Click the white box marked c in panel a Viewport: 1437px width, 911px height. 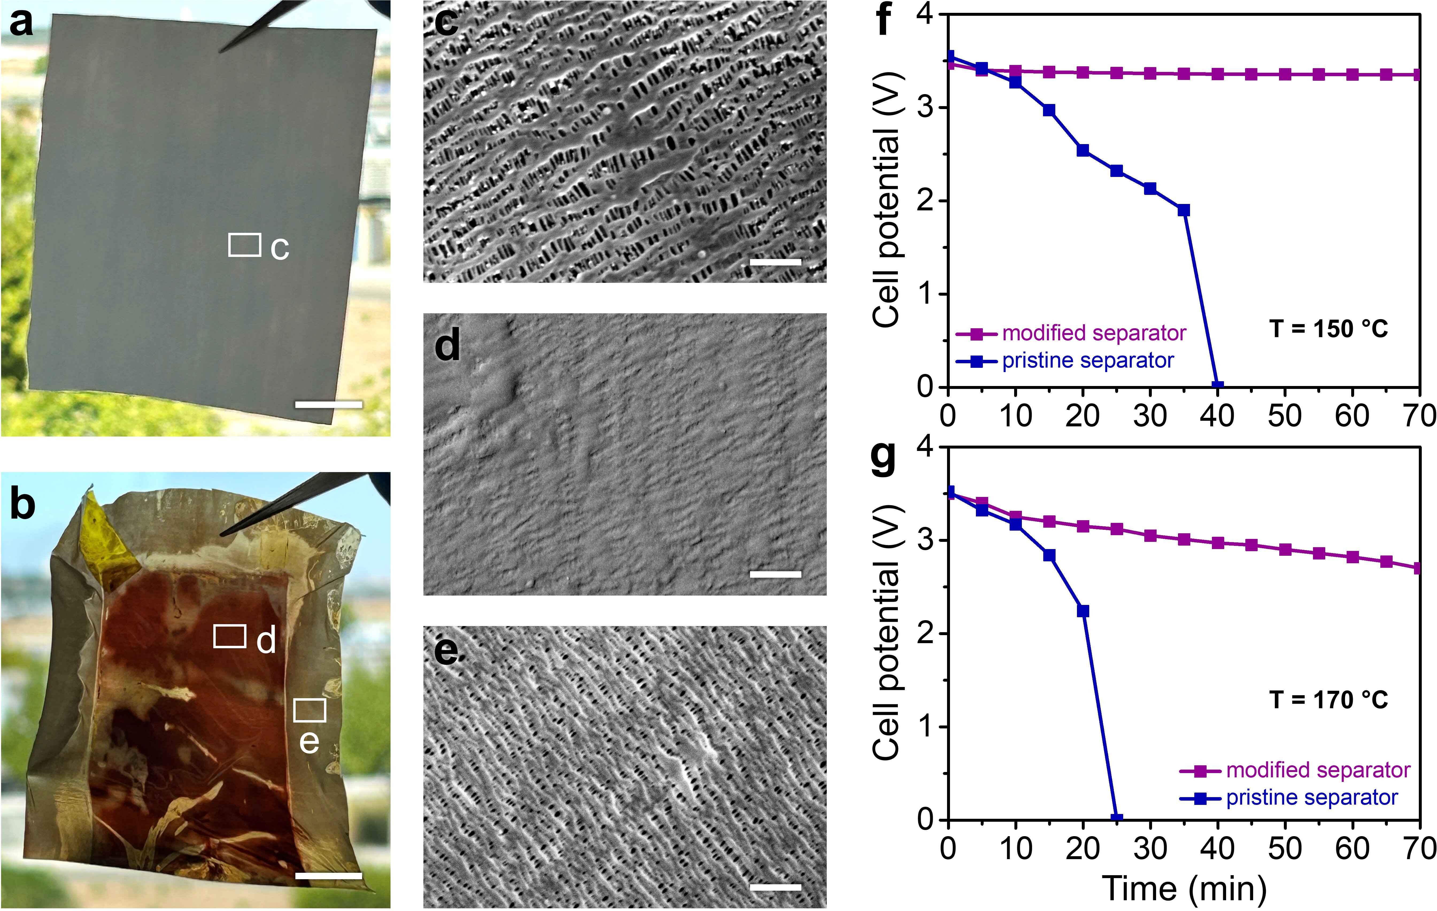click(245, 245)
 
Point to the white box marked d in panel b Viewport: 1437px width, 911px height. click(230, 636)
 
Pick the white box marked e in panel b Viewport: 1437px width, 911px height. click(310, 711)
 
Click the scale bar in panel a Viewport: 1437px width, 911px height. click(328, 405)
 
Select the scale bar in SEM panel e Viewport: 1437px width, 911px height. click(775, 887)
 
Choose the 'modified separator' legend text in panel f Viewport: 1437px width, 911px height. click(1094, 333)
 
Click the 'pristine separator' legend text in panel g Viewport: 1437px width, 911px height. click(1312, 798)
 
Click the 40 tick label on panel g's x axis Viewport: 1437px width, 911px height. click(1217, 848)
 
